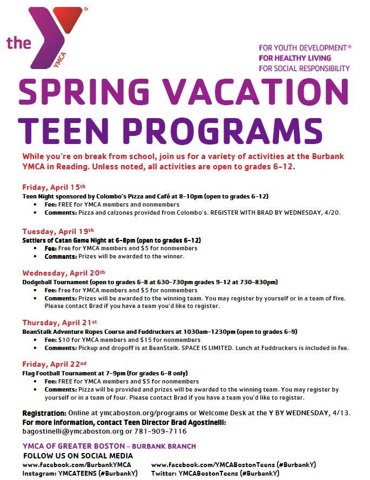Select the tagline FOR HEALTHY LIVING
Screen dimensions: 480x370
tap(295, 58)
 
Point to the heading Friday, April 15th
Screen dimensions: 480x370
tap(53, 188)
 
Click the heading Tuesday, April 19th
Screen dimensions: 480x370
tap(58, 231)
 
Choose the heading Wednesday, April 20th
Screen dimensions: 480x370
tap(64, 273)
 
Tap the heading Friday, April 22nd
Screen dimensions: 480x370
tap(54, 365)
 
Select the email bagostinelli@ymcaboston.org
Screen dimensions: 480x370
tap(72, 432)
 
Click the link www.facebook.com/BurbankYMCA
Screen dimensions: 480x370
tap(77, 464)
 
